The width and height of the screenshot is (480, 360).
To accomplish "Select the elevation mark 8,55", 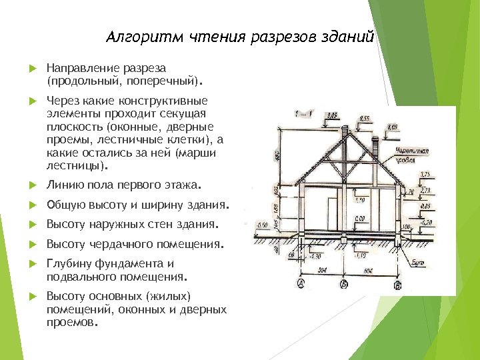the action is (x=365, y=119).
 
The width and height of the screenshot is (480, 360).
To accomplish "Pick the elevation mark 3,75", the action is (x=424, y=175).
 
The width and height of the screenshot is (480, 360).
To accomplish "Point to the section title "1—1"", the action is (x=302, y=115).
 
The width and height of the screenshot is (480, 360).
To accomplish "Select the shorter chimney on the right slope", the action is (x=379, y=145).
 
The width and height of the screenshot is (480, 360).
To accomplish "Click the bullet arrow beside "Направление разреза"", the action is (x=32, y=69).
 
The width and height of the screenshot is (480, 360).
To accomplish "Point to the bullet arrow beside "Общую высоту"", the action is (x=32, y=204).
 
